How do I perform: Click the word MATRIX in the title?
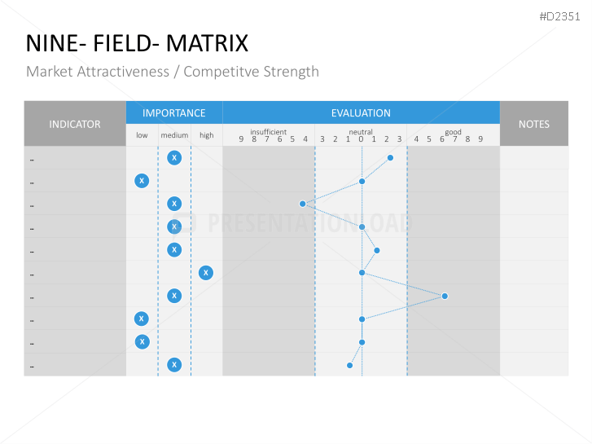click(x=207, y=43)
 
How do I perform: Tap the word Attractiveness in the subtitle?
click(x=123, y=72)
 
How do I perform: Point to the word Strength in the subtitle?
click(x=291, y=72)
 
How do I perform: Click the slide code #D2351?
click(x=559, y=16)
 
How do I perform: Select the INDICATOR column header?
click(x=75, y=125)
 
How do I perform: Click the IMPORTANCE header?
click(x=174, y=113)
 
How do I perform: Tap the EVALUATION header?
click(x=361, y=113)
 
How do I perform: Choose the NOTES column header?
click(x=534, y=125)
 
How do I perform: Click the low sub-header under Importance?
click(x=142, y=135)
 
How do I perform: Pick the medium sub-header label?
click(x=174, y=135)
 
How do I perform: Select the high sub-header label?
click(x=207, y=135)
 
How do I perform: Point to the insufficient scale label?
click(x=268, y=131)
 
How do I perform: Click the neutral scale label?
click(x=361, y=131)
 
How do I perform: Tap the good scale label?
click(x=453, y=132)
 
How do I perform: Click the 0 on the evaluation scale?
click(x=361, y=139)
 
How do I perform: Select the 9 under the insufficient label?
click(x=241, y=139)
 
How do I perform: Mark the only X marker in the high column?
click(x=206, y=272)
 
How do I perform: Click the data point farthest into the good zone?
click(x=445, y=296)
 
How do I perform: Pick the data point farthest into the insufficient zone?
click(x=302, y=204)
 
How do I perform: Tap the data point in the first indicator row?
click(x=390, y=157)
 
